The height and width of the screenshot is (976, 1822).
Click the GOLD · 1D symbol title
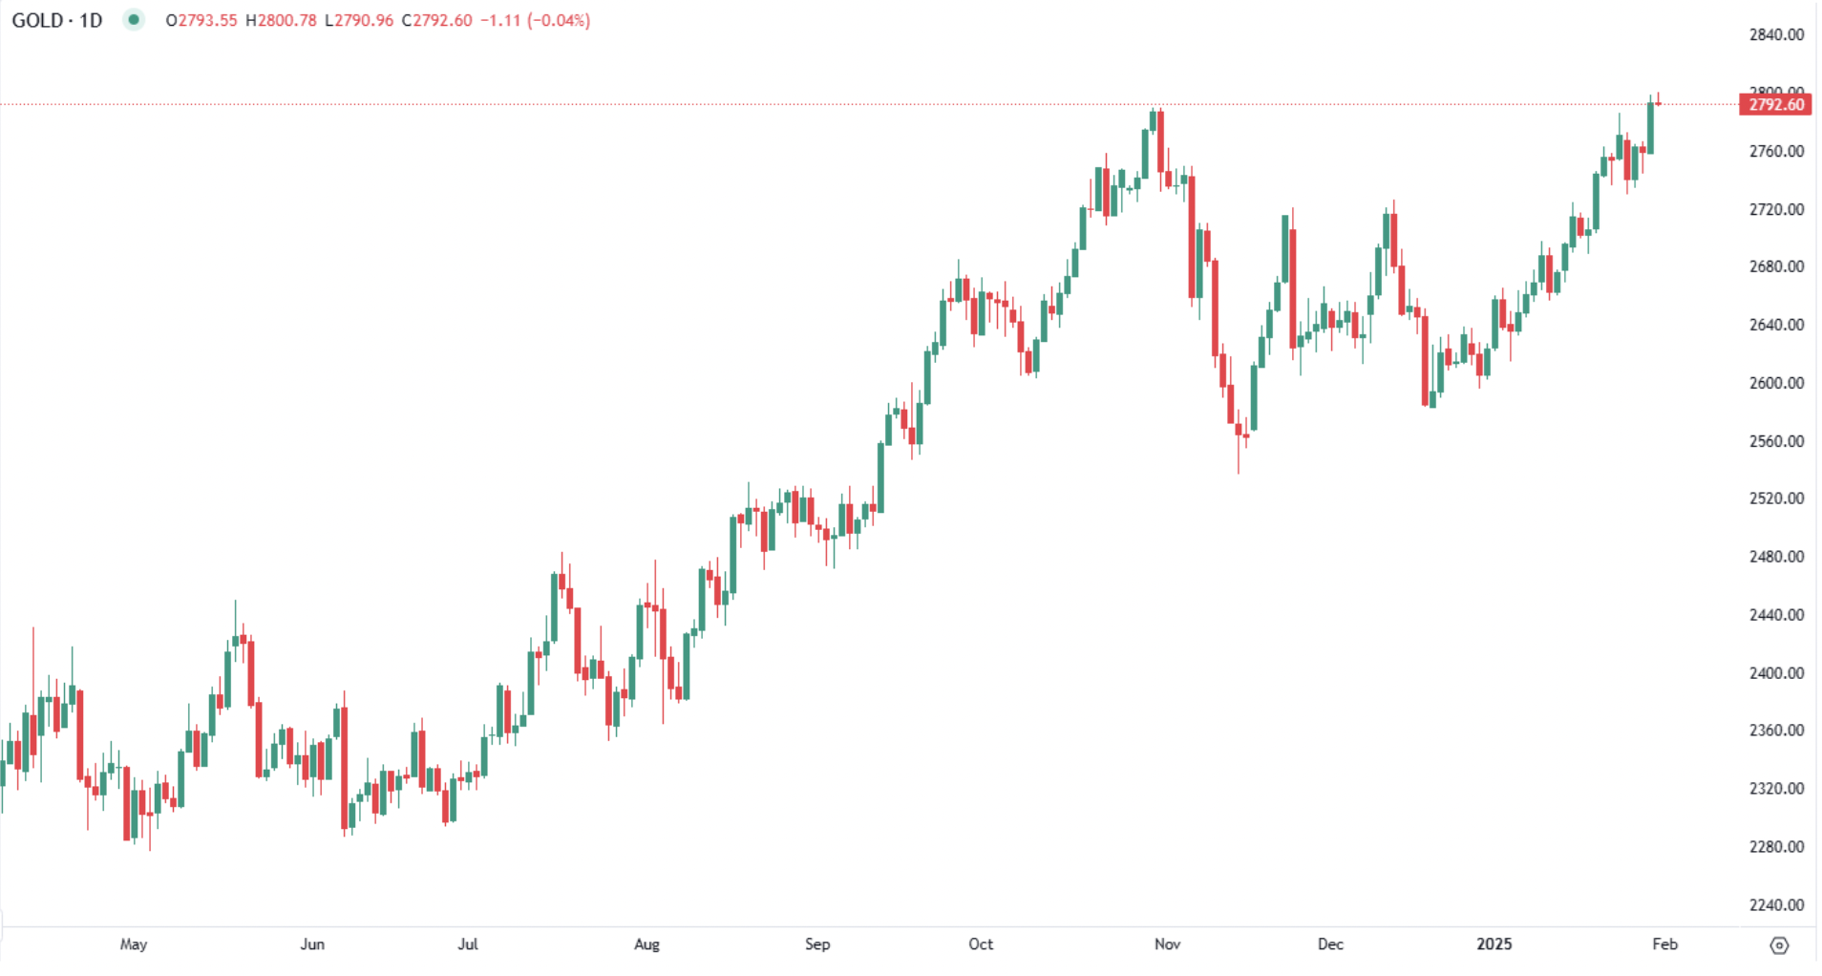57,20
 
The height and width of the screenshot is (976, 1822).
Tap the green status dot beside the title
134,20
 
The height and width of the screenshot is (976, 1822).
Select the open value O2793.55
201,20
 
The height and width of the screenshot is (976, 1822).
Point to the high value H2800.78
281,20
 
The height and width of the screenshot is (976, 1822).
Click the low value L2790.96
359,20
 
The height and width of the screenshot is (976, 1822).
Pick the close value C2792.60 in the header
436,20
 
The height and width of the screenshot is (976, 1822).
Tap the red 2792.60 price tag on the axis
1776,104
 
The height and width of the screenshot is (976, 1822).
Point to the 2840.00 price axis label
1776,34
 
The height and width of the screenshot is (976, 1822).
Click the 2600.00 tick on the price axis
1776,383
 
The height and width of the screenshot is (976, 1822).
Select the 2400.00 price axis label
1776,673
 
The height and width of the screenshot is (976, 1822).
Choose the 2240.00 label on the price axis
1776,904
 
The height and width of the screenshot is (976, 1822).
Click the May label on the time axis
134,944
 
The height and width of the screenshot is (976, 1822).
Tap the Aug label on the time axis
646,944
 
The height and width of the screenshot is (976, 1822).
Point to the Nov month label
1167,944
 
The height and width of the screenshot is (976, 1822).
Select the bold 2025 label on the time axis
1494,944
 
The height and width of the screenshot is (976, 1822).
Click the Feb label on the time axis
1664,944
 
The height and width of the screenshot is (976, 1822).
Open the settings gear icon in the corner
1779,944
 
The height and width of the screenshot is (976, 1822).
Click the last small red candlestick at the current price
1659,103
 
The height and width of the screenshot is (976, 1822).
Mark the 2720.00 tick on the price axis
1776,209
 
